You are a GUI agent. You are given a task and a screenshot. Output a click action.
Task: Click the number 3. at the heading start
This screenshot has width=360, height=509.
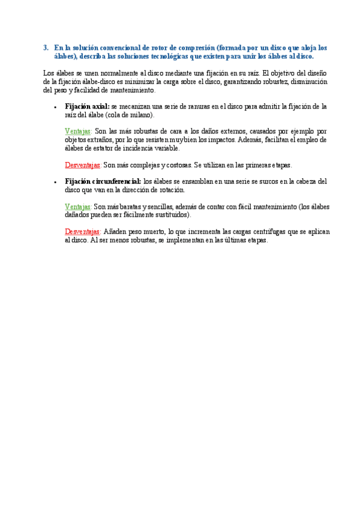(46, 47)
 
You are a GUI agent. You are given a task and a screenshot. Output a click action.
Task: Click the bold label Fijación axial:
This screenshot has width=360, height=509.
(87, 106)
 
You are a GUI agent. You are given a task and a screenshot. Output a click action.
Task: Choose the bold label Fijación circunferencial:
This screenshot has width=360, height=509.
(103, 181)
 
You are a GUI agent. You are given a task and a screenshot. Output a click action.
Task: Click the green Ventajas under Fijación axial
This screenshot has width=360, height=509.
(78, 131)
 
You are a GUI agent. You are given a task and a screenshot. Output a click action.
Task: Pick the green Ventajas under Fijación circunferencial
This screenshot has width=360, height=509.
(78, 206)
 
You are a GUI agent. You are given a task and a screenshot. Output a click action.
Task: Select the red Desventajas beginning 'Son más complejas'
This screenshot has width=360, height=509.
(83, 164)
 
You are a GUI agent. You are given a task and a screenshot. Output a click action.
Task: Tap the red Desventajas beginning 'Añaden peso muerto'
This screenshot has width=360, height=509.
(83, 231)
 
